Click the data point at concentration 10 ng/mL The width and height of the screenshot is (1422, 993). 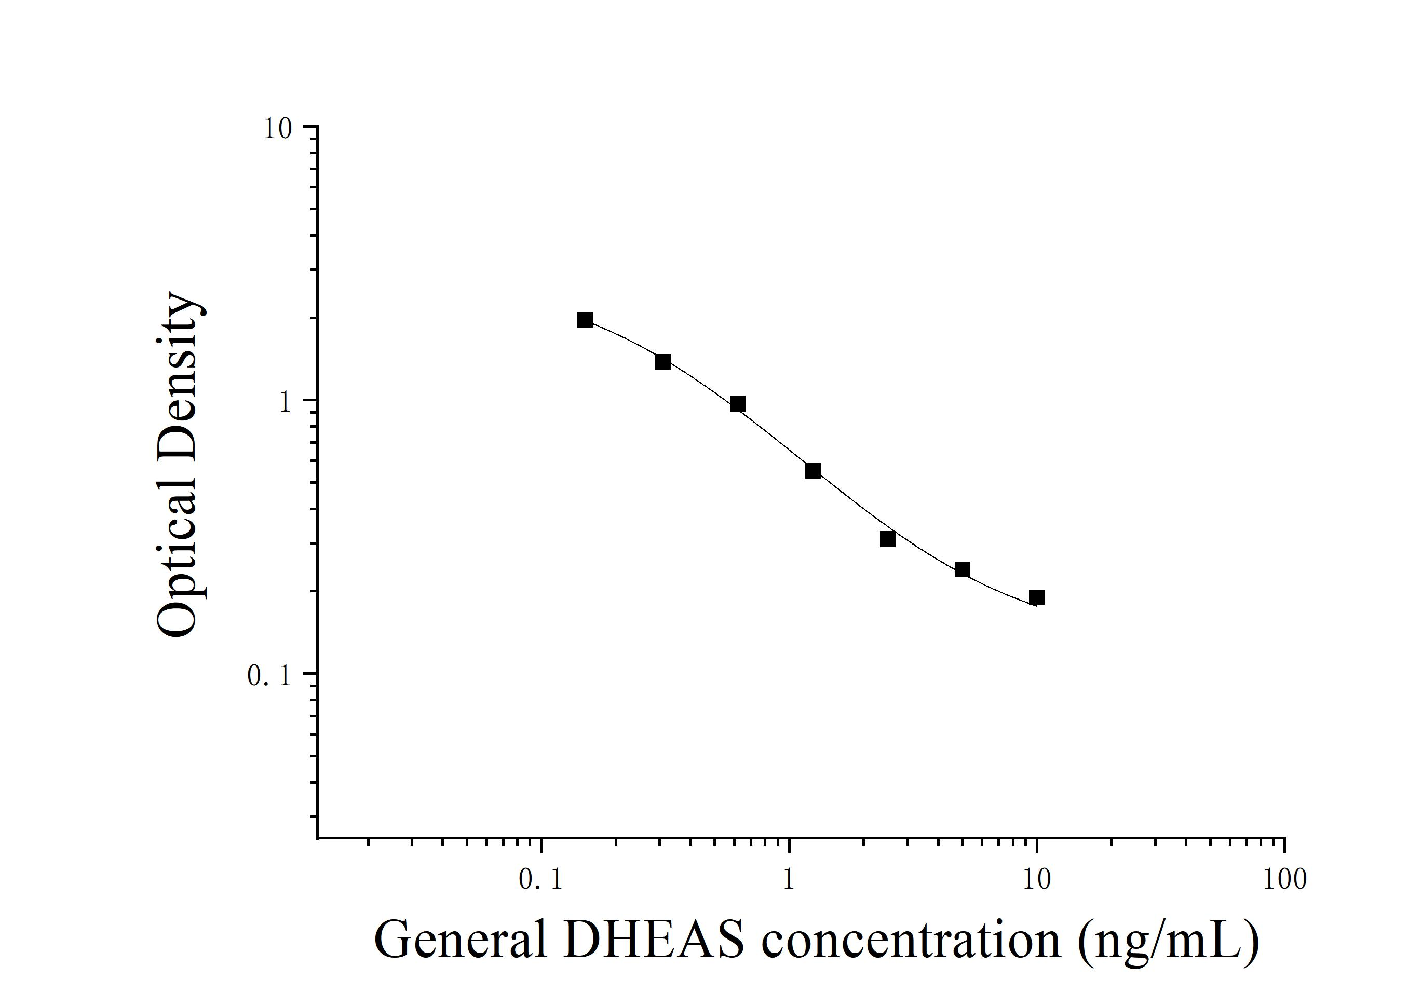point(1037,597)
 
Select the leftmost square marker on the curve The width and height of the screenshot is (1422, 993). point(585,320)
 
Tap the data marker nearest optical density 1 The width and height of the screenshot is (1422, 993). point(737,404)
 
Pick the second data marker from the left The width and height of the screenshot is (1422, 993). point(662,362)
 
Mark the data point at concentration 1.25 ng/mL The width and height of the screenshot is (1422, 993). point(812,470)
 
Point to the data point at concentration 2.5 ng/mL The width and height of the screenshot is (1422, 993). point(887,539)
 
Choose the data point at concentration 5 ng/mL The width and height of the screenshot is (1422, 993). point(962,569)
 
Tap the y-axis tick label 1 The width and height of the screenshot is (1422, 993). point(285,402)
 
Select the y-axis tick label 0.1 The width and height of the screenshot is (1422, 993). point(269,676)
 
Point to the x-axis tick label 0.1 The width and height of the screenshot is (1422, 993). point(540,880)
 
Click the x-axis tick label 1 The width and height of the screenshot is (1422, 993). point(789,880)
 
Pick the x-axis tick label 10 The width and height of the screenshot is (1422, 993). point(1036,880)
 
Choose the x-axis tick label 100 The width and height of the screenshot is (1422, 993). point(1284,880)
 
